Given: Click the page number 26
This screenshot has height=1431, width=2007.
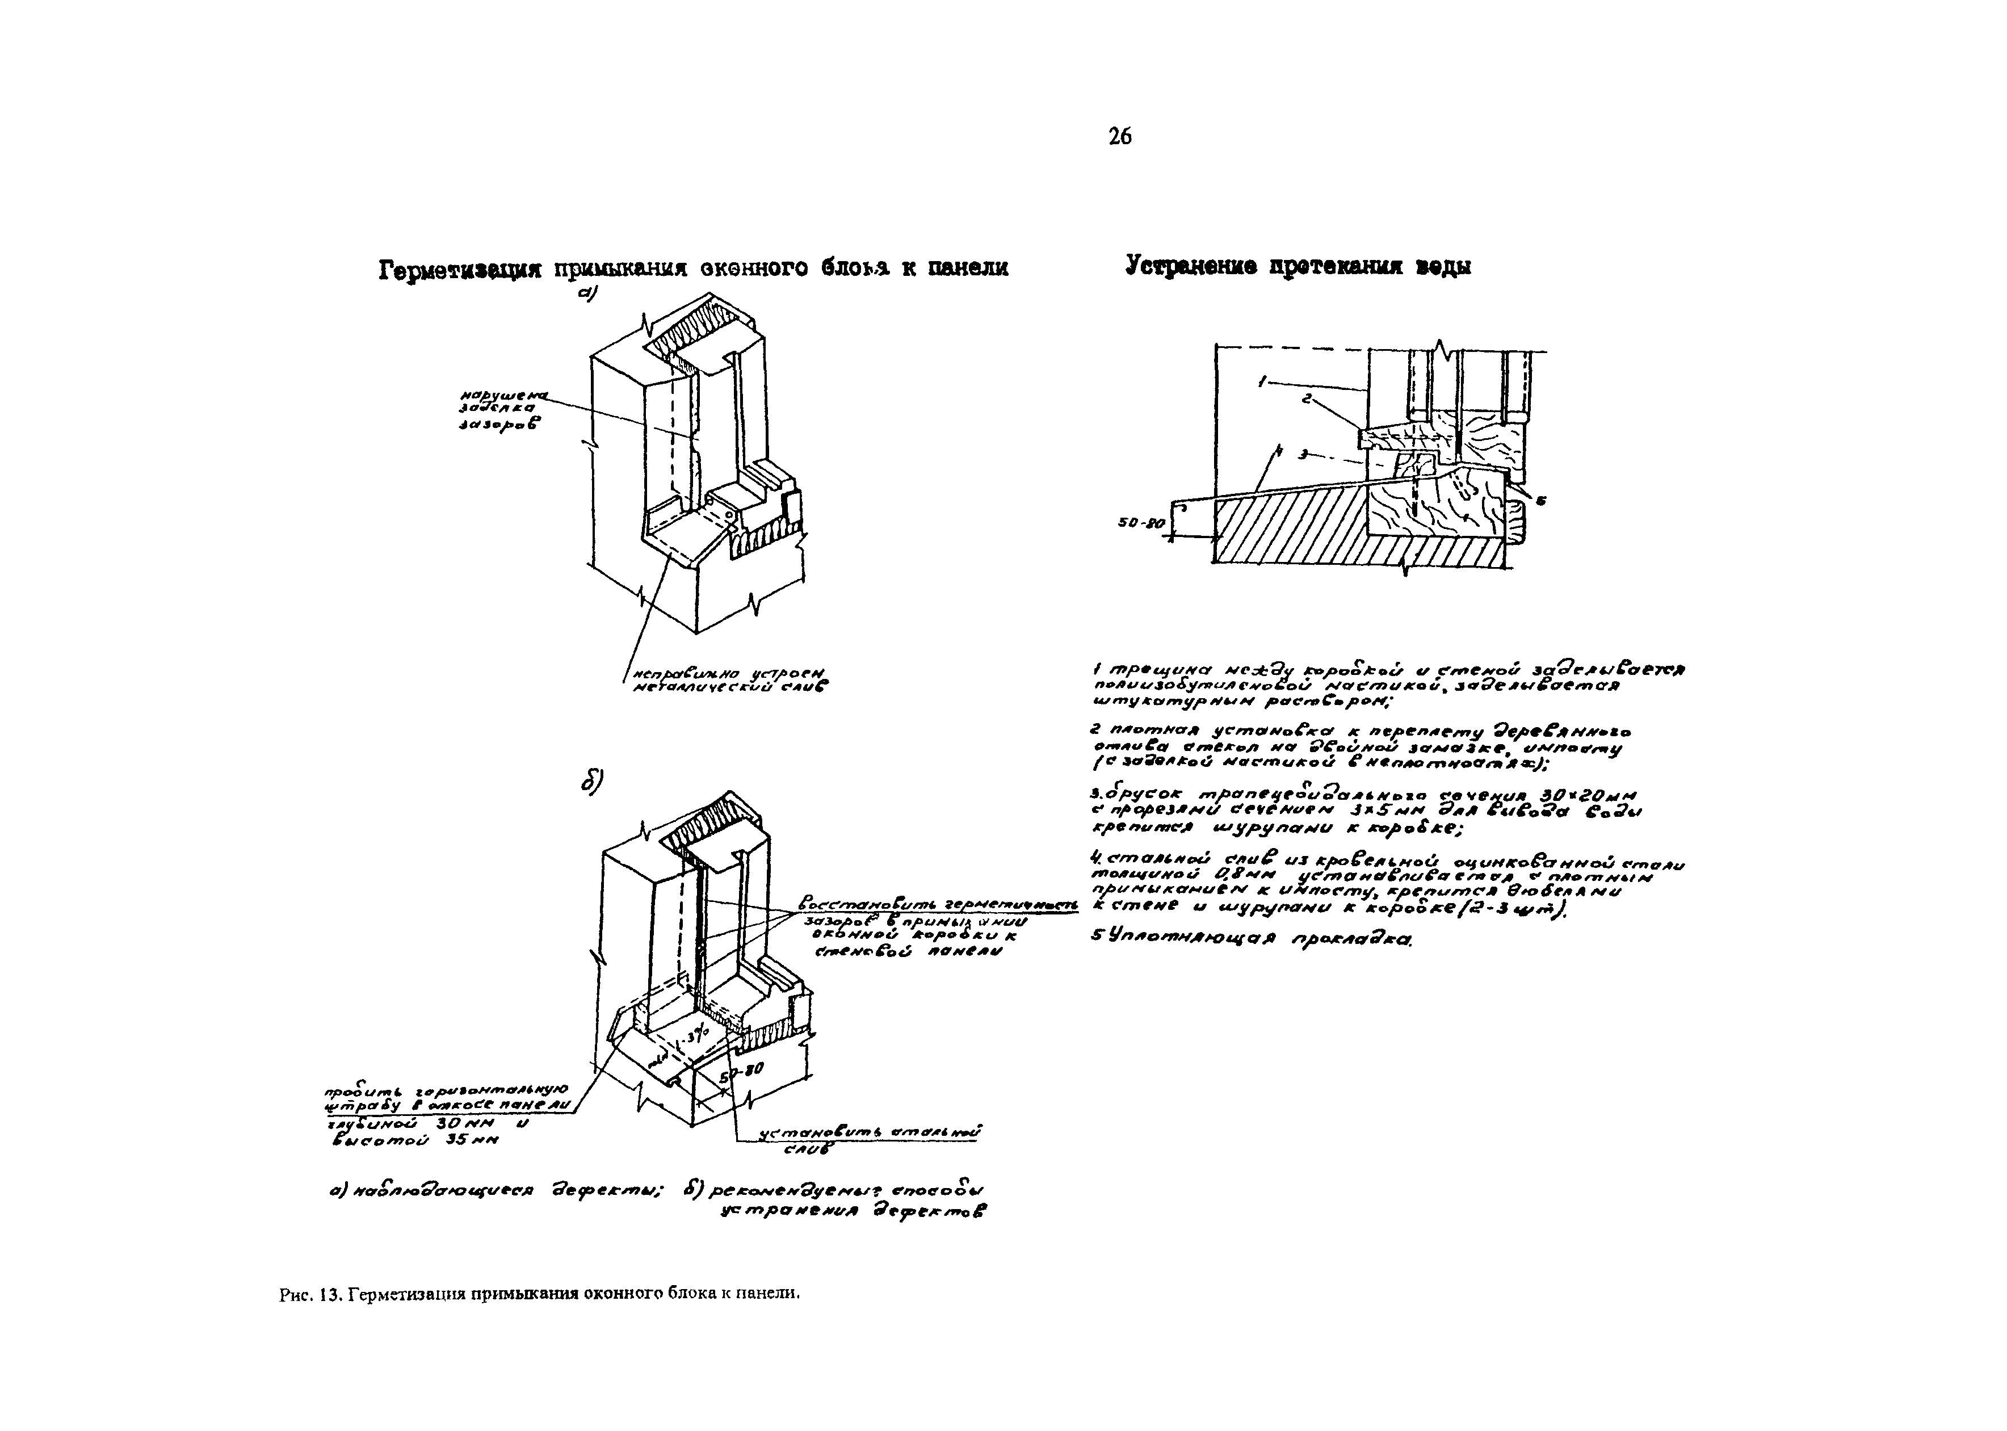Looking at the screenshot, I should click(x=1120, y=137).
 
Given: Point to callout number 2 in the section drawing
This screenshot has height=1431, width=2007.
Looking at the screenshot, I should click(x=1308, y=399).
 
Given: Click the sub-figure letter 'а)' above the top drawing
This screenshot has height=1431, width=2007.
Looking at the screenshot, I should click(x=587, y=295).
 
